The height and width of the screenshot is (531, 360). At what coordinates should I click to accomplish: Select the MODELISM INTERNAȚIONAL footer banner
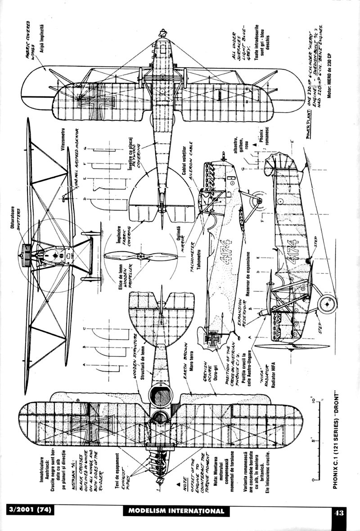pyautogui.click(x=175, y=511)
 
